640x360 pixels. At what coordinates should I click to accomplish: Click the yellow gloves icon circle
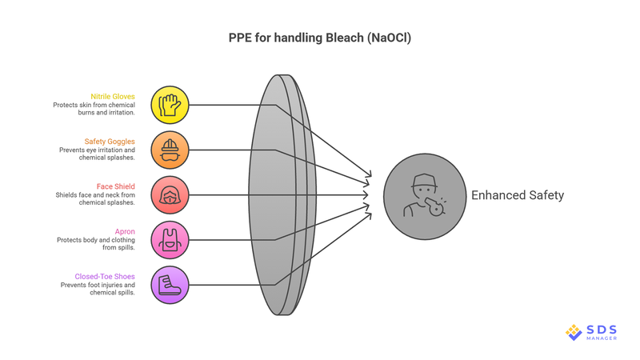170,105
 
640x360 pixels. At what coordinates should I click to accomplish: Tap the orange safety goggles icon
170,150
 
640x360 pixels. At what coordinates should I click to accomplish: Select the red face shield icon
170,195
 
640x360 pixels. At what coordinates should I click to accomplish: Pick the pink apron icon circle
170,240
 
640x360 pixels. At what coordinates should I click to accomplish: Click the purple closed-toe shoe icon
170,285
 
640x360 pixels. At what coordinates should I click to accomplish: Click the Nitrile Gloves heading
112,96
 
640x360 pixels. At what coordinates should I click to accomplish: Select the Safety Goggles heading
110,141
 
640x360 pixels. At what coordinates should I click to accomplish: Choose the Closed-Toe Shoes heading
105,276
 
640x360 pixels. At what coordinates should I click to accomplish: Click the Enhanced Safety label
517,195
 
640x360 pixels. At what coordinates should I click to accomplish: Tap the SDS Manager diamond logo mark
574,332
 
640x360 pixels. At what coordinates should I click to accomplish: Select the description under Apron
95,244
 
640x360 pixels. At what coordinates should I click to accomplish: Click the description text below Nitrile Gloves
94,110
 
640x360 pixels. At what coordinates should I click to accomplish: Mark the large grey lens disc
276,195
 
